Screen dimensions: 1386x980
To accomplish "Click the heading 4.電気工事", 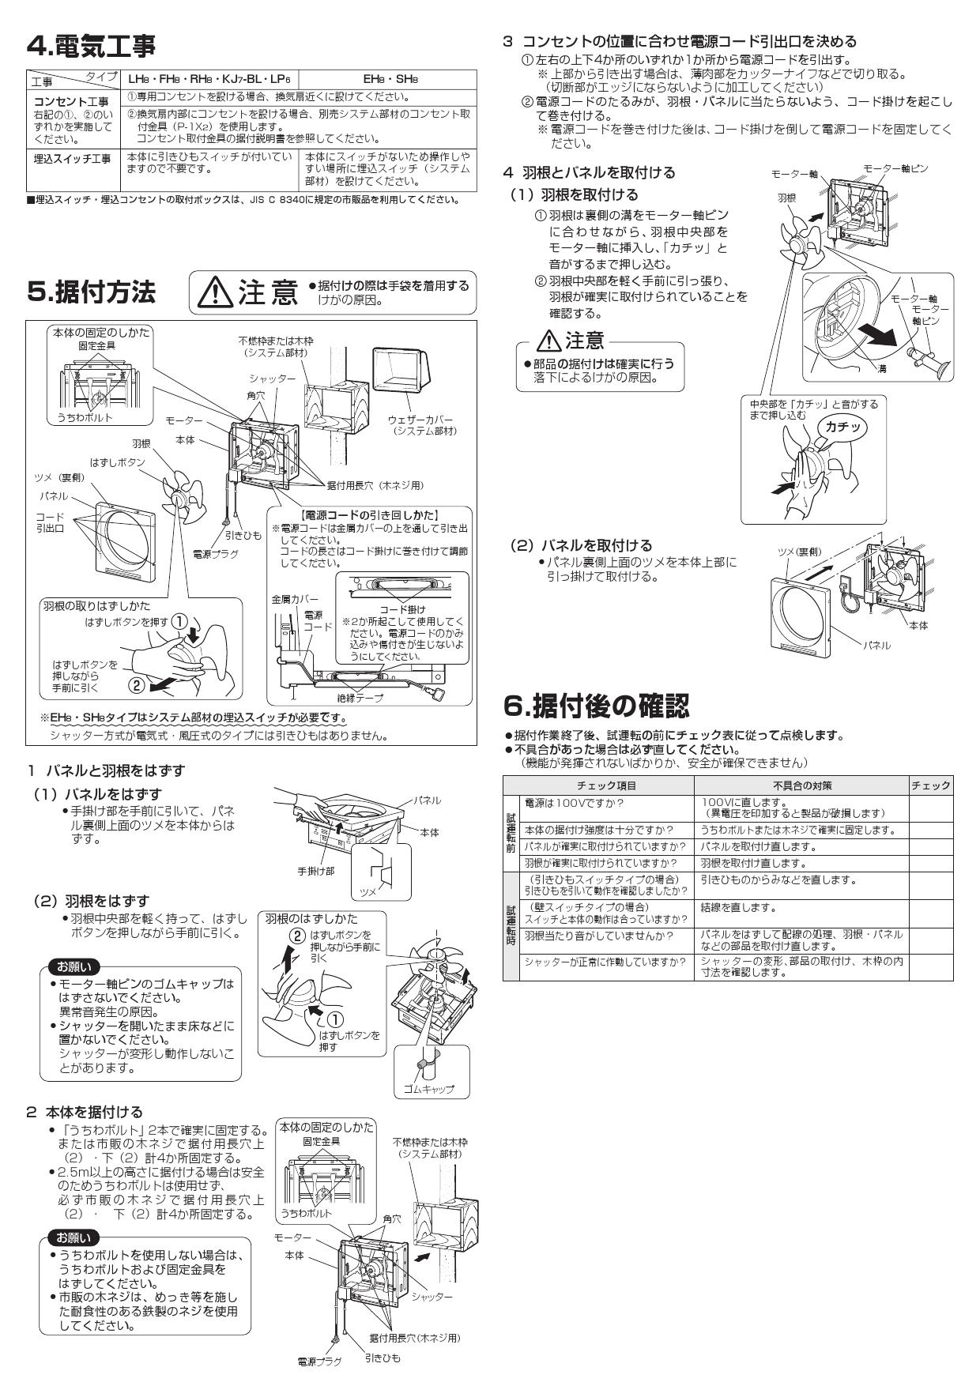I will [x=91, y=47].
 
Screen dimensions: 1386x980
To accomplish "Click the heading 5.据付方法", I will [x=91, y=292].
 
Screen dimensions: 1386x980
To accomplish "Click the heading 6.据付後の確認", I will [x=597, y=704].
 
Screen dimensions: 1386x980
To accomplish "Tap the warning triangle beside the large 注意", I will [x=212, y=294].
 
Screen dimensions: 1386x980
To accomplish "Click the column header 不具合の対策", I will [x=801, y=785].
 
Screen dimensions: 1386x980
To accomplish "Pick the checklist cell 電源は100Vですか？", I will [x=574, y=802].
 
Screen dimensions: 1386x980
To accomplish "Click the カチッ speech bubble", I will [x=840, y=427].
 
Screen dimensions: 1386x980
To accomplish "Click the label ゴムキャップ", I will [x=428, y=1088].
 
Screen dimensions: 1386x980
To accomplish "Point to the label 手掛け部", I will [x=315, y=870].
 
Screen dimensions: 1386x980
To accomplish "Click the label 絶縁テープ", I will [x=360, y=698].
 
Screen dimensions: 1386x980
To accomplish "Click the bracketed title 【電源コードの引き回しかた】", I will [x=371, y=515].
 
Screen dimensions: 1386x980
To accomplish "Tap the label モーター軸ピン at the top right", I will [x=895, y=168].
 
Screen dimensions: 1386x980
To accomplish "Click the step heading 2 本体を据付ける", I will [x=85, y=1112].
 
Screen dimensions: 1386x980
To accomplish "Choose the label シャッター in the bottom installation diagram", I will [x=432, y=1297].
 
